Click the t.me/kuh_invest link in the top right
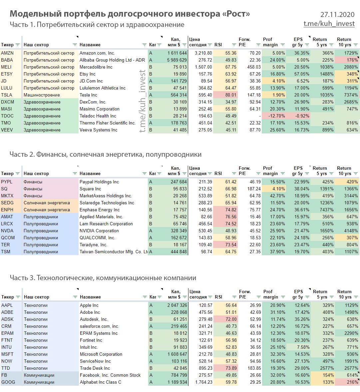click(329, 24)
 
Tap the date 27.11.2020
click(337, 15)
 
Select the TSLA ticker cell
click(7, 95)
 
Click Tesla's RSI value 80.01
click(231, 95)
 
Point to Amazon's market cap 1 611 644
click(177, 53)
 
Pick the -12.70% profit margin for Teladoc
click(276, 116)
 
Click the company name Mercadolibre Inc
click(96, 67)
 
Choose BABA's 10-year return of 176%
click(352, 60)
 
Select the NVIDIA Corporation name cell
click(99, 231)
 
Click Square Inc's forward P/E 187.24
click(254, 189)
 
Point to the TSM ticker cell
click(6, 252)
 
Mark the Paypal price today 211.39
click(205, 182)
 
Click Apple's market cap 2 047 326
click(178, 305)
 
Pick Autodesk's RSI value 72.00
click(231, 319)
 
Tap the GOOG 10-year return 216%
click(352, 382)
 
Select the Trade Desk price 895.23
click(205, 368)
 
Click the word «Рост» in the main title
click(236, 14)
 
